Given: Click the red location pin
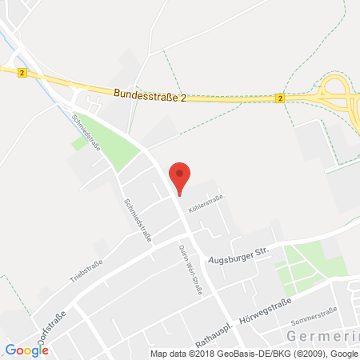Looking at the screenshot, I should click(x=181, y=176).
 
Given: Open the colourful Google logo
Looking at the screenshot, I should click(x=26, y=349).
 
